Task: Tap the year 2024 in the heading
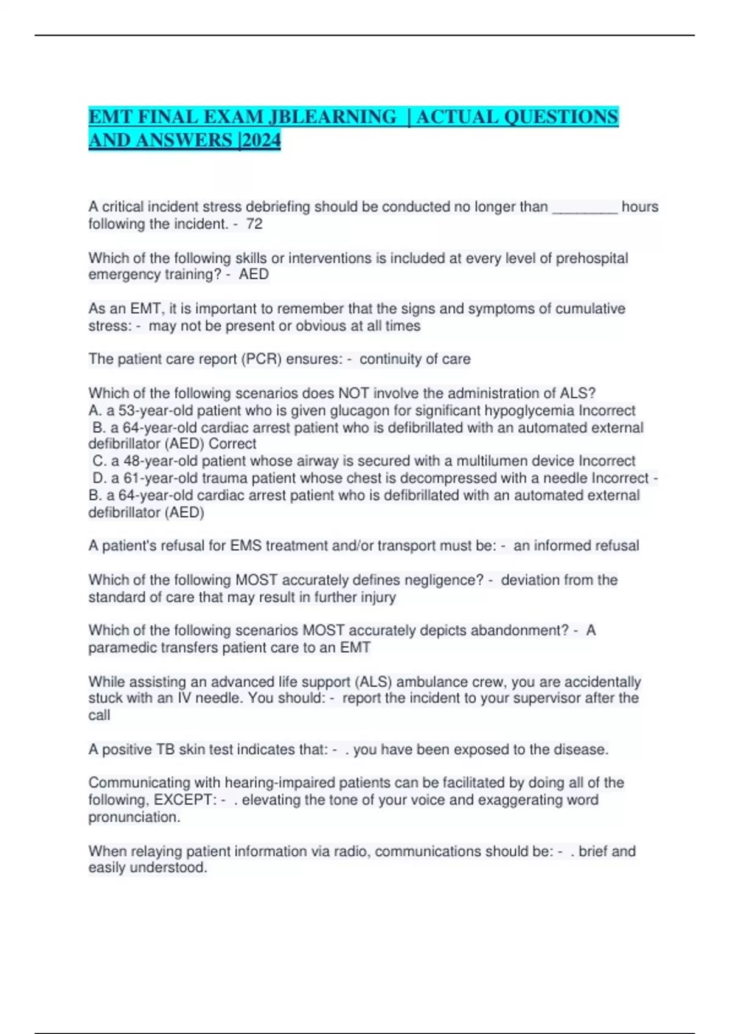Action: click(x=261, y=141)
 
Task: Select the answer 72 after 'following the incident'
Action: click(x=254, y=224)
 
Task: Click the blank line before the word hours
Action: click(x=585, y=207)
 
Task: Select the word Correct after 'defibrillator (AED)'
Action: click(x=232, y=444)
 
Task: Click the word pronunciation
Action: click(x=133, y=817)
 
